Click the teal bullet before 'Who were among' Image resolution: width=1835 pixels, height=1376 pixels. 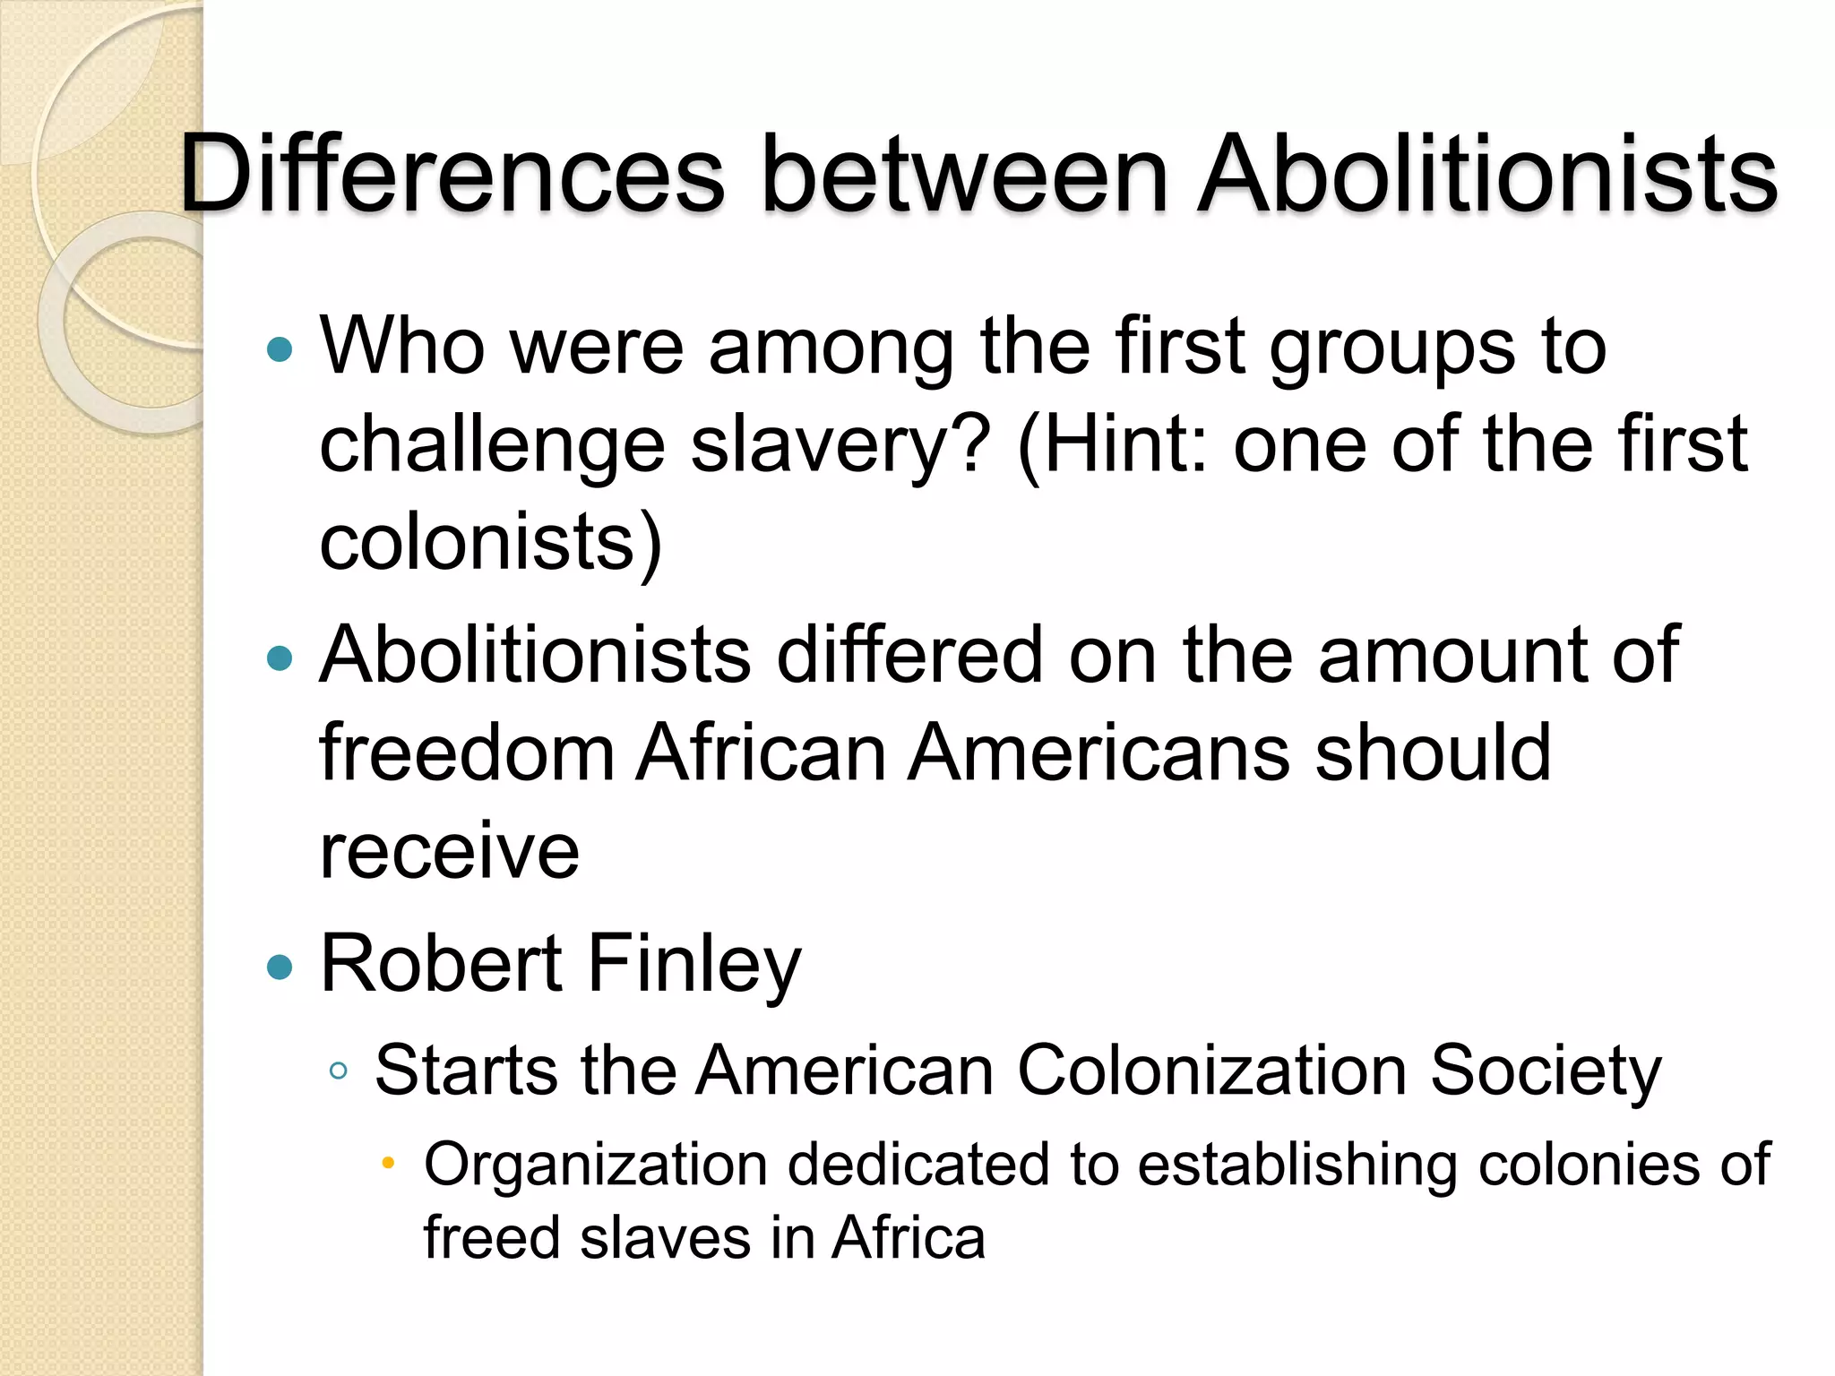tap(280, 349)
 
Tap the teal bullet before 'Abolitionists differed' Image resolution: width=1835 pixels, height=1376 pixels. tap(280, 658)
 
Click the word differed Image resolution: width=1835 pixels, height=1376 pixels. tap(909, 655)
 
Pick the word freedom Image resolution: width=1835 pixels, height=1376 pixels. tap(467, 752)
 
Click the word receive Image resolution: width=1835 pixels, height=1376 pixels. tap(449, 850)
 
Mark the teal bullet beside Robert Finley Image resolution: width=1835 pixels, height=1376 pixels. tap(280, 967)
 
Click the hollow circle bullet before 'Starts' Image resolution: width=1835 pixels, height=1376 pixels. tap(338, 1071)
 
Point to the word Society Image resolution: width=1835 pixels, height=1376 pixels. tap(1546, 1071)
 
